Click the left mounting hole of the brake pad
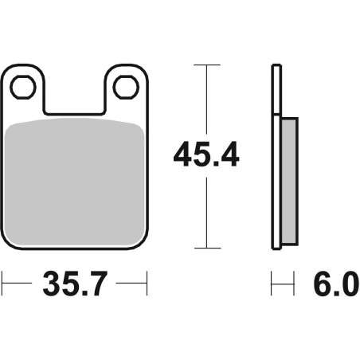[25, 86]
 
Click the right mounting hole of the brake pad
[125, 86]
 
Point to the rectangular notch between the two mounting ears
[75, 94]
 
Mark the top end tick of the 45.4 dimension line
[206, 65]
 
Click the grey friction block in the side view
[288, 182]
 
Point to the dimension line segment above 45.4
[206, 96]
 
